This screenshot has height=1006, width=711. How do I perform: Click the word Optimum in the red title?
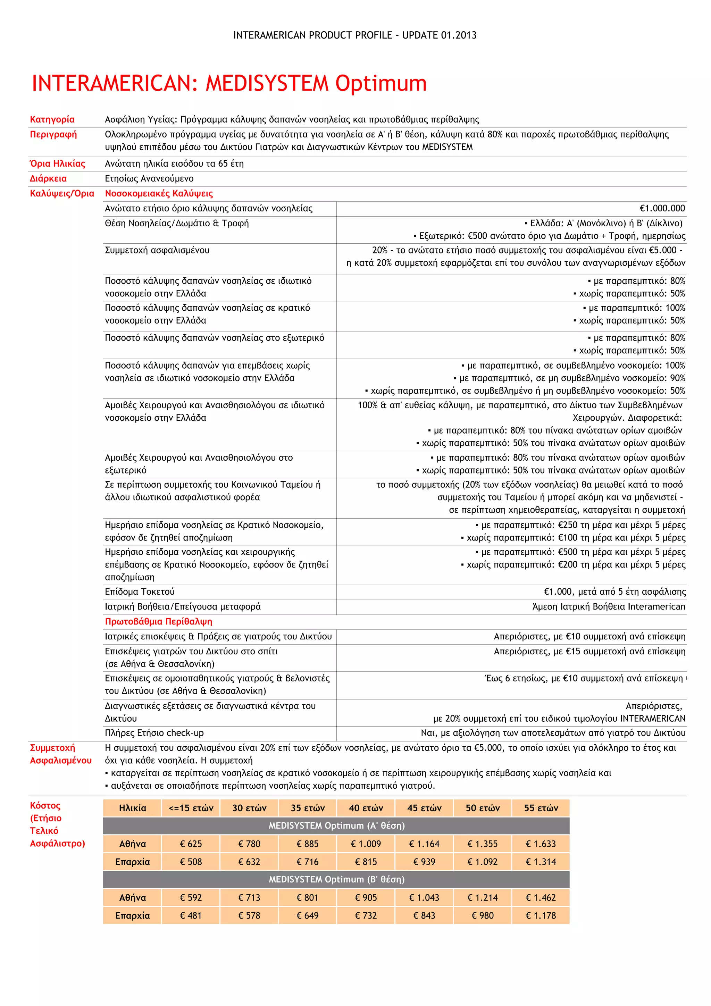point(381,83)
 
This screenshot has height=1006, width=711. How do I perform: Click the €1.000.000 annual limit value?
point(662,209)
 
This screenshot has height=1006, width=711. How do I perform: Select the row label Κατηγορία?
point(52,120)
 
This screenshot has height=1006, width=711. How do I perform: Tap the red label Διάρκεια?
point(48,179)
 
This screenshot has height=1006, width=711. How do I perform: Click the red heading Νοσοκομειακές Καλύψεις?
point(159,194)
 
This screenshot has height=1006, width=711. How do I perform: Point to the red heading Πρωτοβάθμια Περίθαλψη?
point(158,621)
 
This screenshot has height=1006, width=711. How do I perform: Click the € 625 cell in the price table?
point(191,844)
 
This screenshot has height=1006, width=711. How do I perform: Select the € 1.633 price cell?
point(541,844)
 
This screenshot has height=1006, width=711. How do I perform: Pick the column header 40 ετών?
point(366,808)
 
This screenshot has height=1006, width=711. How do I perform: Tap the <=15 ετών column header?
point(191,808)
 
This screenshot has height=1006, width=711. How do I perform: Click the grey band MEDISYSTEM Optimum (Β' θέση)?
point(336,879)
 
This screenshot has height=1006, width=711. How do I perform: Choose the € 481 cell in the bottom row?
point(191,915)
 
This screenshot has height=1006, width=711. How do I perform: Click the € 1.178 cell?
point(541,915)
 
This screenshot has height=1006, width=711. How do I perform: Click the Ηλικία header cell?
point(132,808)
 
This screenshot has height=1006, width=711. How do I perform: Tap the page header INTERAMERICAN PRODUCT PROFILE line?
point(355,35)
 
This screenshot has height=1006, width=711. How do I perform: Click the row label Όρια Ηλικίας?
point(57,164)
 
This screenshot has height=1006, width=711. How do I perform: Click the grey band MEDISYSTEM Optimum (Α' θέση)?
point(336,825)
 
